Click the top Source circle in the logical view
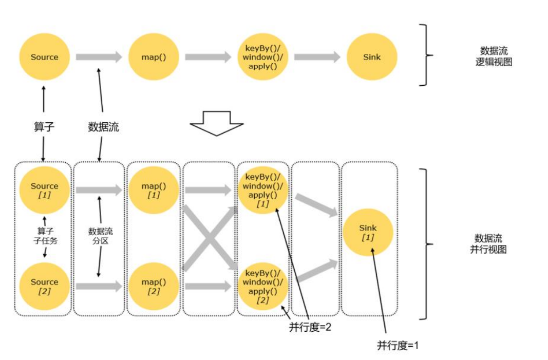pyautogui.click(x=44, y=57)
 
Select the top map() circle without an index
pyautogui.click(x=154, y=57)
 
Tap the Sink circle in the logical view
pyautogui.click(x=371, y=57)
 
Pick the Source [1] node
pyautogui.click(x=44, y=190)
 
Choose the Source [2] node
pyautogui.click(x=44, y=286)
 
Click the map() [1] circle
pyautogui.click(x=154, y=190)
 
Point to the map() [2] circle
pyautogui.click(x=154, y=286)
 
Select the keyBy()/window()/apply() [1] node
pyautogui.click(x=262, y=190)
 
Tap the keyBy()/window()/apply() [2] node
pyautogui.click(x=262, y=286)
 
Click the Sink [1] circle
pyautogui.click(x=368, y=232)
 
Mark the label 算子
pyautogui.click(x=44, y=127)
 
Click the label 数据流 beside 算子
pyautogui.click(x=103, y=127)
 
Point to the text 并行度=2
pyautogui.click(x=310, y=327)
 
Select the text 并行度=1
pyautogui.click(x=398, y=346)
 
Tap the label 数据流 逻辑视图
pyautogui.click(x=494, y=56)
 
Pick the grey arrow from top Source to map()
pyautogui.click(x=99, y=57)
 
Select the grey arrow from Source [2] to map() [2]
pyautogui.click(x=99, y=286)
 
